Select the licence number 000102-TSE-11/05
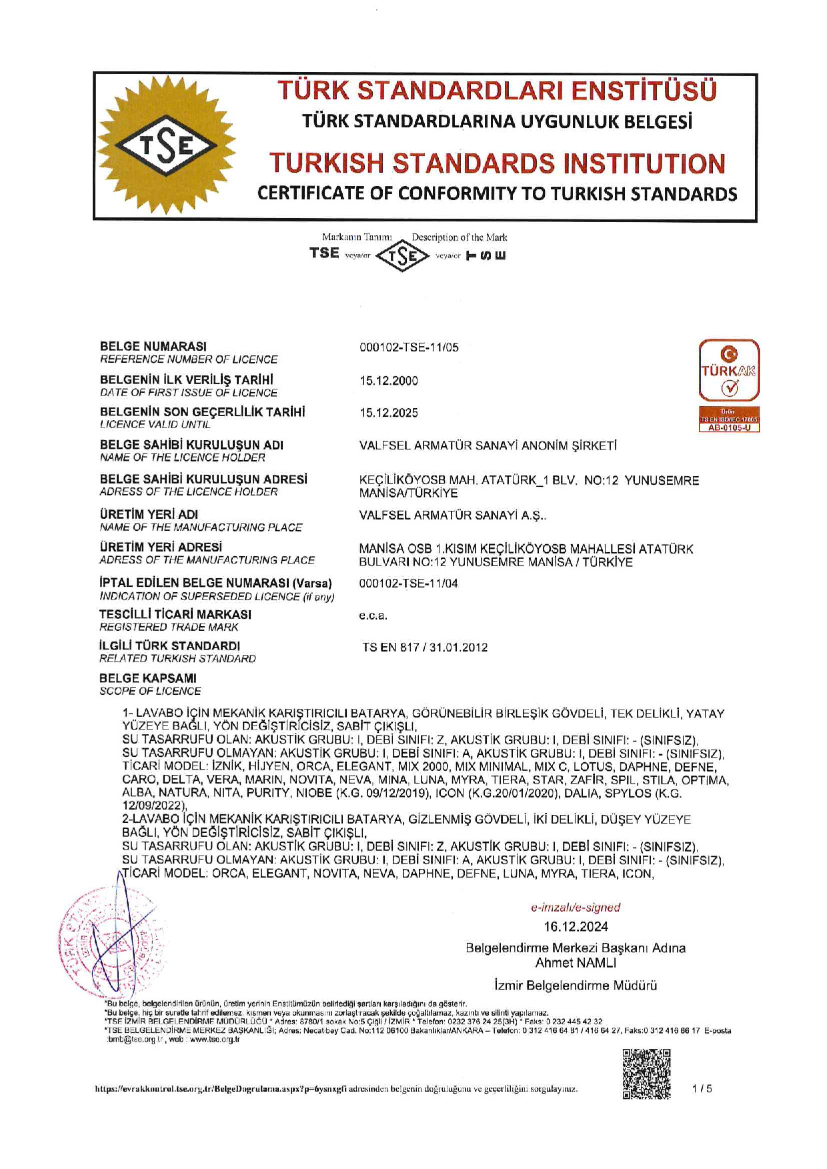click(x=409, y=347)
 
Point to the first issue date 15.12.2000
click(x=389, y=381)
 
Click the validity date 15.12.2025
click(x=389, y=413)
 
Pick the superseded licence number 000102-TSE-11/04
click(x=408, y=583)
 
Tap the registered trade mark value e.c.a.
click(x=373, y=616)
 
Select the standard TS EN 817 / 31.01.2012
click(x=425, y=648)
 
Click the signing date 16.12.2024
click(x=576, y=926)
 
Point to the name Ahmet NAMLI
click(x=576, y=962)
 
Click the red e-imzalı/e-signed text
click(x=576, y=908)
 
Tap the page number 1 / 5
click(x=702, y=1089)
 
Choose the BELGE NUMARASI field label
click(x=153, y=346)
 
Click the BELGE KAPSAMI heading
click(x=148, y=678)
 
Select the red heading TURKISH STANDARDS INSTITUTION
click(x=497, y=163)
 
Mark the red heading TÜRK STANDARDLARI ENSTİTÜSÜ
click(x=497, y=91)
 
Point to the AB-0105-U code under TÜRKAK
click(x=729, y=428)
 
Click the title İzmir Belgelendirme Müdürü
click(x=576, y=985)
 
